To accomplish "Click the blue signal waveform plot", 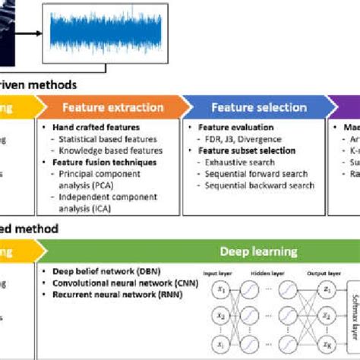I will pos(93,35).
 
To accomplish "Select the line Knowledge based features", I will pos(108,150).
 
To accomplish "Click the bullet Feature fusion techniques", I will pos(98,163).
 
